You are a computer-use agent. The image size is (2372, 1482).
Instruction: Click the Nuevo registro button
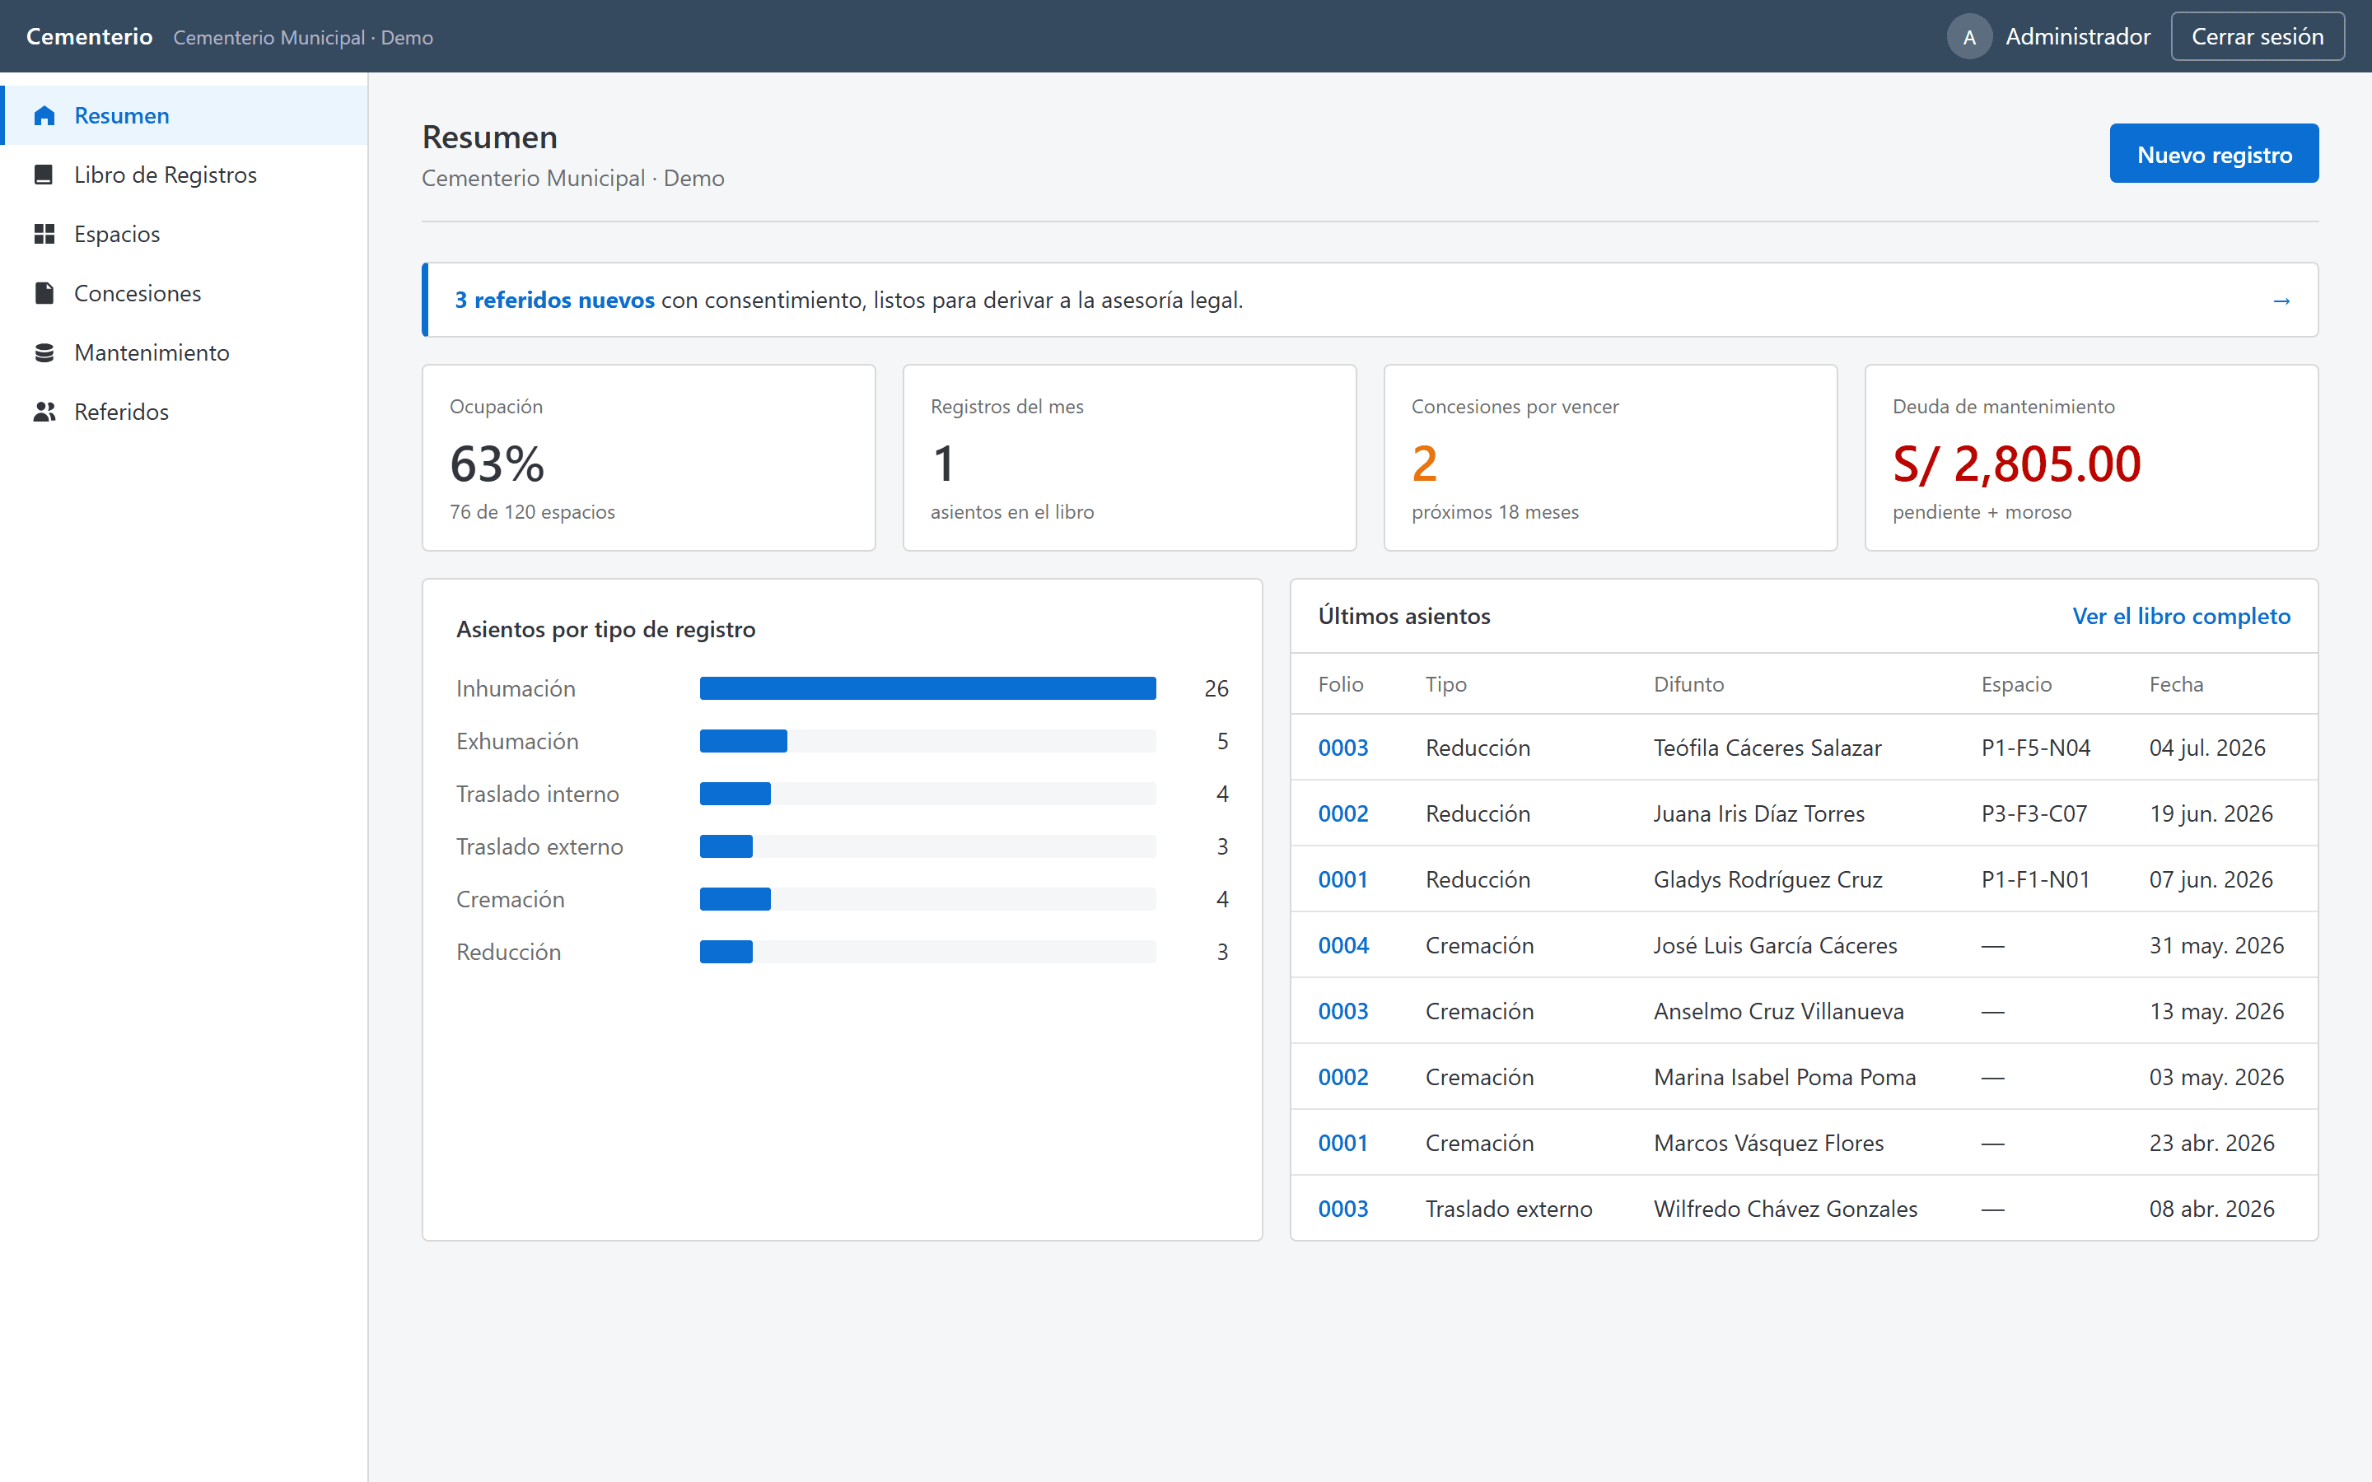pos(2213,154)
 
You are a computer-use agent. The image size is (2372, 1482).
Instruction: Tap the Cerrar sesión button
pos(2257,36)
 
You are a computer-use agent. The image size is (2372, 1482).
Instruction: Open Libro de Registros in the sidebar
pos(165,175)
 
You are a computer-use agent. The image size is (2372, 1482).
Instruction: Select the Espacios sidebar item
pos(117,235)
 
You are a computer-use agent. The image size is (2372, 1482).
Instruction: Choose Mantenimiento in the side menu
pos(151,353)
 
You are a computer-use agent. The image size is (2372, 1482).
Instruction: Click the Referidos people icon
pos(44,412)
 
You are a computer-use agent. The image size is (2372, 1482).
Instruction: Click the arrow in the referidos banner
pos(2281,301)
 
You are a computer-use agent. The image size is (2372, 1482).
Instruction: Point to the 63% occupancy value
pos(497,464)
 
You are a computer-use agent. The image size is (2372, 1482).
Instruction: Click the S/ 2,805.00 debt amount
pos(2016,464)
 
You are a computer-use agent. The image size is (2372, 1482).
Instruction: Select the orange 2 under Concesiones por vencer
pos(1424,464)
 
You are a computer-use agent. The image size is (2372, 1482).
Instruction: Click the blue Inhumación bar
pos(927,688)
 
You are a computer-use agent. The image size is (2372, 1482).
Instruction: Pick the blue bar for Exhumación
pos(743,741)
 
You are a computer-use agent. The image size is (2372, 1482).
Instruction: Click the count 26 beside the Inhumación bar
pos(1216,688)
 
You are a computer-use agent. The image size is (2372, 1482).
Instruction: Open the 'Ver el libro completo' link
pos(2181,616)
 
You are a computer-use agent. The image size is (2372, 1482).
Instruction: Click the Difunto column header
pos(1688,684)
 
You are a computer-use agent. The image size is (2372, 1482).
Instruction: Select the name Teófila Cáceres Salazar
pos(1767,748)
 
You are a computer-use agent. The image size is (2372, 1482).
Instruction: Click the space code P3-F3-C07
pos(2033,813)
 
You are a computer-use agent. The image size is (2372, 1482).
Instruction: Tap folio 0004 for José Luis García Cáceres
pos(1342,945)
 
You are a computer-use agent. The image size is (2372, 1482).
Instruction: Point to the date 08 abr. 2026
pos(2211,1209)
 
